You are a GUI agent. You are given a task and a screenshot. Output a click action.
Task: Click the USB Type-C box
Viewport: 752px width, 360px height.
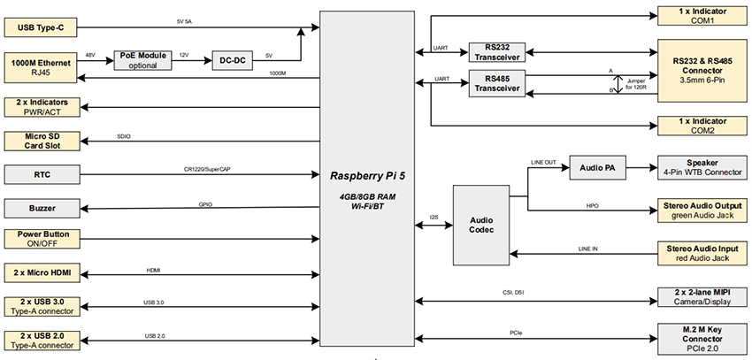coord(43,28)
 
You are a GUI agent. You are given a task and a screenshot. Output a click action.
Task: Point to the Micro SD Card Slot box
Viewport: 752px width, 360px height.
coord(43,141)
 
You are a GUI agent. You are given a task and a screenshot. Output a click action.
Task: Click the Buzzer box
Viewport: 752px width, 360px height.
coord(43,209)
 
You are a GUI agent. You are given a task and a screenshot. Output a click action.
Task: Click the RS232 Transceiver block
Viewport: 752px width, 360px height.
coord(495,51)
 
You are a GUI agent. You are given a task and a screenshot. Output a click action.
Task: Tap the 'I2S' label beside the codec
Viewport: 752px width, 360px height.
coord(434,215)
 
